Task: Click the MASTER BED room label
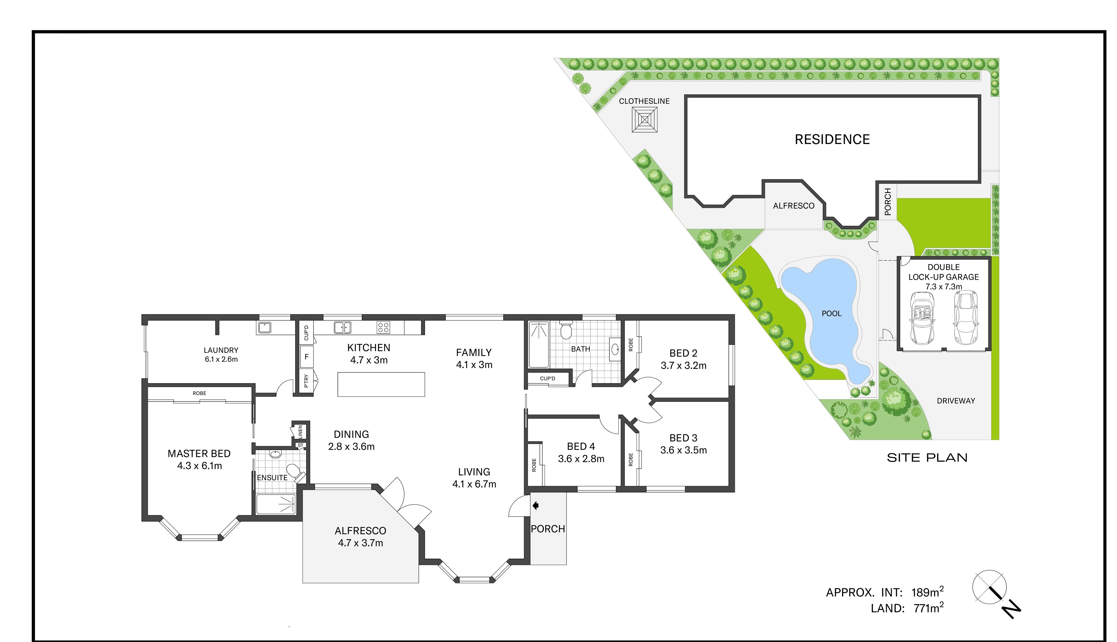tap(199, 453)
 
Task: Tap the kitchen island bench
tap(381, 384)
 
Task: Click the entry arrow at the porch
tap(536, 506)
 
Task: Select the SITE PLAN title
tap(927, 458)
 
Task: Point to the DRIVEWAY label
tap(956, 401)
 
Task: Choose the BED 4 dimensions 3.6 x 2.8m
tap(581, 459)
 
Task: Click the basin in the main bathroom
tap(615, 350)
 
